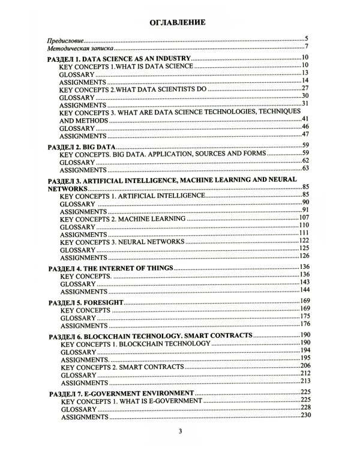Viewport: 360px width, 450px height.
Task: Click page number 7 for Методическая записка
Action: [306, 47]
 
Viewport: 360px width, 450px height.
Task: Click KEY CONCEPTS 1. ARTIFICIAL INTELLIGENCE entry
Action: [133, 196]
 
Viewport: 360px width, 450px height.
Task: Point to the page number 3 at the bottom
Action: [179, 432]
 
